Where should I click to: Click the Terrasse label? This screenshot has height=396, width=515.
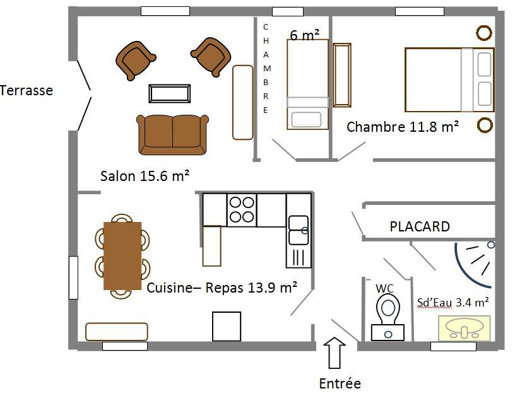[x=27, y=91]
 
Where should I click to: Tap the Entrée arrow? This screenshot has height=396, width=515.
[x=334, y=353]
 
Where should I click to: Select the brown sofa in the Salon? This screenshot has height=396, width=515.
[x=172, y=134]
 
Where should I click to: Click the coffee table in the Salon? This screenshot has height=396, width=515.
[x=170, y=93]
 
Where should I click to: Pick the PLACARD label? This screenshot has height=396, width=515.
[x=420, y=227]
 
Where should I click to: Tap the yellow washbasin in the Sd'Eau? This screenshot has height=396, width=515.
[x=465, y=329]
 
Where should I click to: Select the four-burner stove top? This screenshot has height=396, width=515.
[x=242, y=210]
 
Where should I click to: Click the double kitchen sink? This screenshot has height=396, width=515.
[x=299, y=230]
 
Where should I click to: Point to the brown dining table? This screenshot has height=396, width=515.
[x=122, y=256]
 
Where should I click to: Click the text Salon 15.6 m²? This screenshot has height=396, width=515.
[x=145, y=176]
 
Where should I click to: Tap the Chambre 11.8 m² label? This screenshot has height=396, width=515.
[x=403, y=127]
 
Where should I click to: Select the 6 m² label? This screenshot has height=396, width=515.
[x=304, y=35]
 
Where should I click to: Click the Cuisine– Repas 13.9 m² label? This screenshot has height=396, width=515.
[x=222, y=288]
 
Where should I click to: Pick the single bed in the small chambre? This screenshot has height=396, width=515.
[x=308, y=84]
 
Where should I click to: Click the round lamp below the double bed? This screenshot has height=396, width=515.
[x=485, y=125]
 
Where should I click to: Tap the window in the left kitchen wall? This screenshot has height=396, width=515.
[x=74, y=277]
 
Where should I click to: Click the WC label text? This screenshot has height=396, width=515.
[x=384, y=288]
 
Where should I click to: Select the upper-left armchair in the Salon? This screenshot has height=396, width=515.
[x=135, y=61]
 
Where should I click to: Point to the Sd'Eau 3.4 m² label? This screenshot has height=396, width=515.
[x=453, y=302]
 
